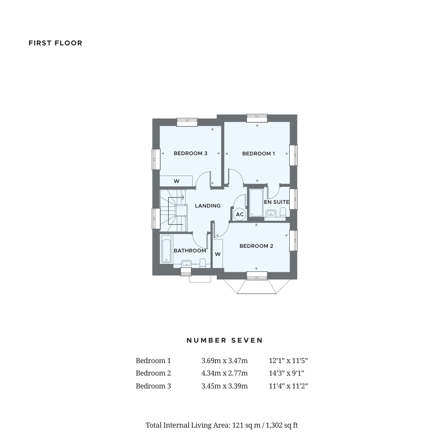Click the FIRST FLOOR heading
55,43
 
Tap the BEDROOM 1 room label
258,154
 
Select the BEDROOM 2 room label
256,246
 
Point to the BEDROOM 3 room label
190,154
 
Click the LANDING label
208,206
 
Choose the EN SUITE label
276,202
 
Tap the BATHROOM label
190,251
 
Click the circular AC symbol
240,214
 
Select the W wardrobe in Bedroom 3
176,181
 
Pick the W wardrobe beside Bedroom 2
218,254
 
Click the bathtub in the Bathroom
166,249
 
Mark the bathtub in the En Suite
256,202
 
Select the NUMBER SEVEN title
225,340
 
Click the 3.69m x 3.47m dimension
224,361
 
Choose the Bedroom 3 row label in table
153,386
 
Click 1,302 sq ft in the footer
282,425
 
